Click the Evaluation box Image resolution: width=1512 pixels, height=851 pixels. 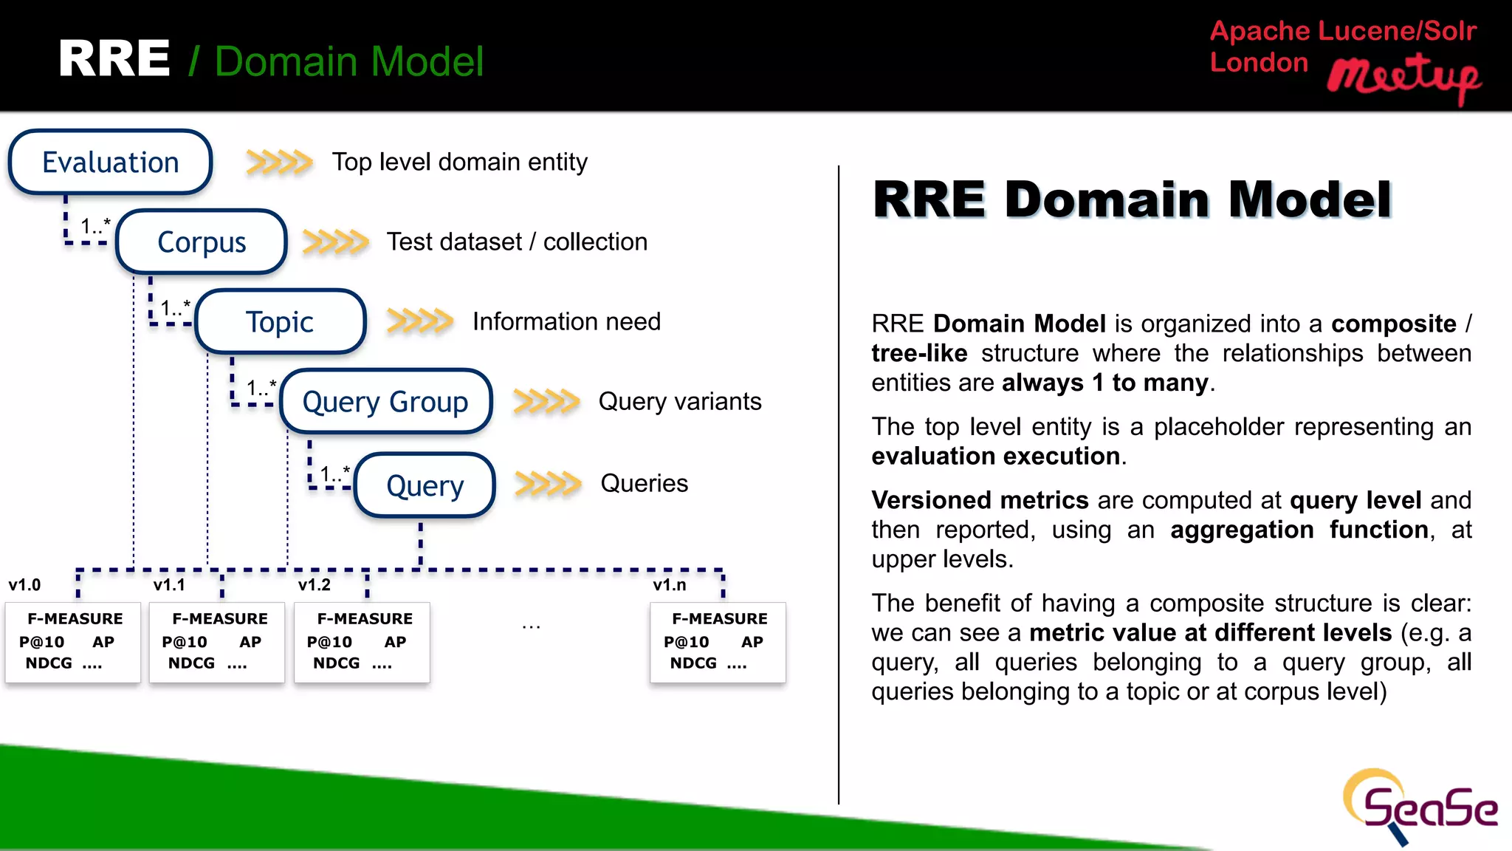(x=111, y=163)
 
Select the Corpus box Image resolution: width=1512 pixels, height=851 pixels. (x=202, y=242)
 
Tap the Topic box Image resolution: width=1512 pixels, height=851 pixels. (x=280, y=322)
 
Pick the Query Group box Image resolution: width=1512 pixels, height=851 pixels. (x=385, y=402)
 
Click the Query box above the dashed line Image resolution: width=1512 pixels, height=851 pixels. (x=425, y=485)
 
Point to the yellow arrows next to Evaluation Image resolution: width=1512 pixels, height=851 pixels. (x=279, y=162)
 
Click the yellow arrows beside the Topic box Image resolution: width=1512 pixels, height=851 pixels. (x=419, y=321)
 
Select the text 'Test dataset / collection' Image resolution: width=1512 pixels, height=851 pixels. (x=517, y=242)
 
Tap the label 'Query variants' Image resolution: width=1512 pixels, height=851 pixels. (x=679, y=401)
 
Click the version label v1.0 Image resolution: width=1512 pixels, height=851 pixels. (x=24, y=585)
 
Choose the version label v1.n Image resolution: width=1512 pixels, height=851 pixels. (x=669, y=585)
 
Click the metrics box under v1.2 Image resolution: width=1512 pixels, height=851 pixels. (x=362, y=642)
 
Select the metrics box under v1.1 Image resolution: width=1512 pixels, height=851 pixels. (x=217, y=642)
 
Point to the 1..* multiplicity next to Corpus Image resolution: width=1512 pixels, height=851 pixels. (x=94, y=226)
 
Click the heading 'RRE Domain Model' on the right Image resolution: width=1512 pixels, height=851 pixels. (x=1132, y=199)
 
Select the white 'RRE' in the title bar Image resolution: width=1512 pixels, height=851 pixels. (x=114, y=59)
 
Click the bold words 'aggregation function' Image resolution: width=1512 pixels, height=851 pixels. (x=1299, y=530)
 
